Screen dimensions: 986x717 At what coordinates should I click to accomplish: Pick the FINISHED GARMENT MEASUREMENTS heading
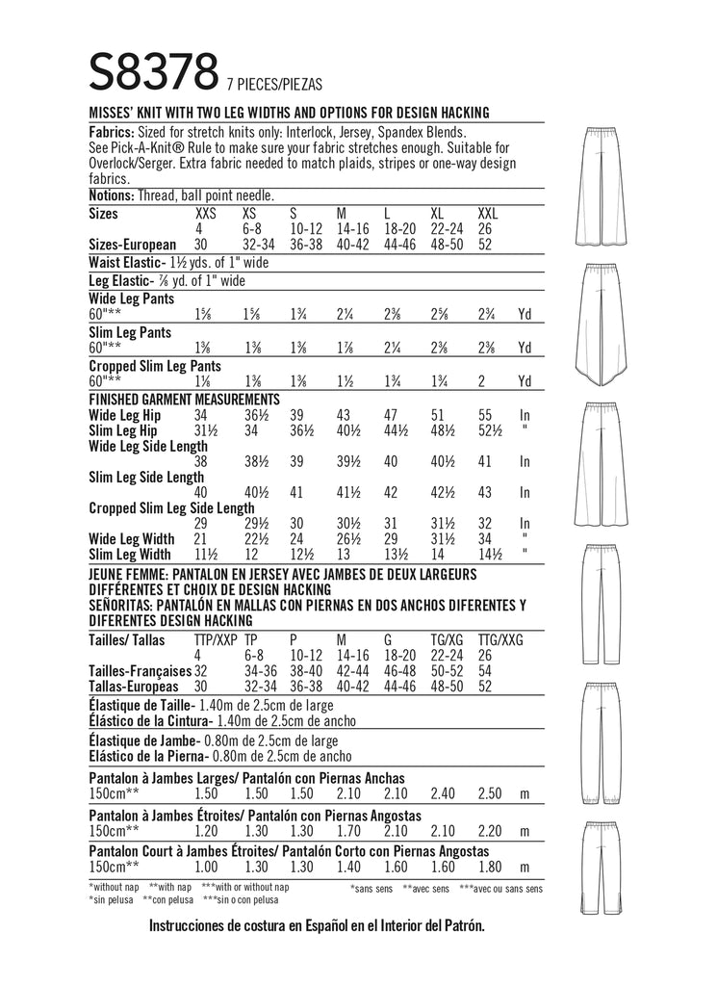[184, 398]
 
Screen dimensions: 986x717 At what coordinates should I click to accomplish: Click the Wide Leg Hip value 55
[485, 415]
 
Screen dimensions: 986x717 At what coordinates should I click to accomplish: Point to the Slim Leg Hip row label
[125, 429]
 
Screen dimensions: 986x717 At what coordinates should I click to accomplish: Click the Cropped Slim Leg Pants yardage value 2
[482, 380]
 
